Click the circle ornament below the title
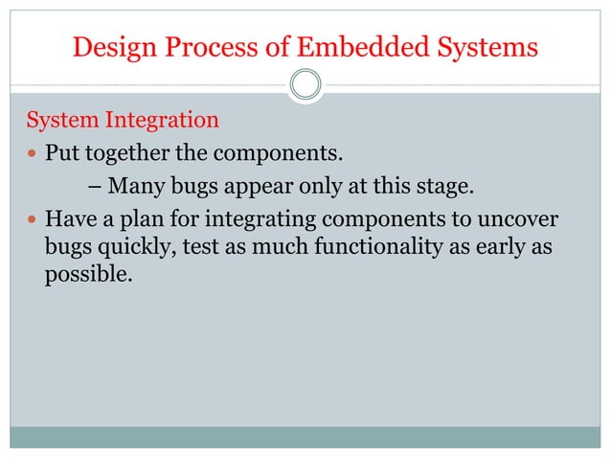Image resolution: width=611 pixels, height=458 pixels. [x=305, y=84]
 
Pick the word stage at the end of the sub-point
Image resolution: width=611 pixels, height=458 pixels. [x=446, y=185]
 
